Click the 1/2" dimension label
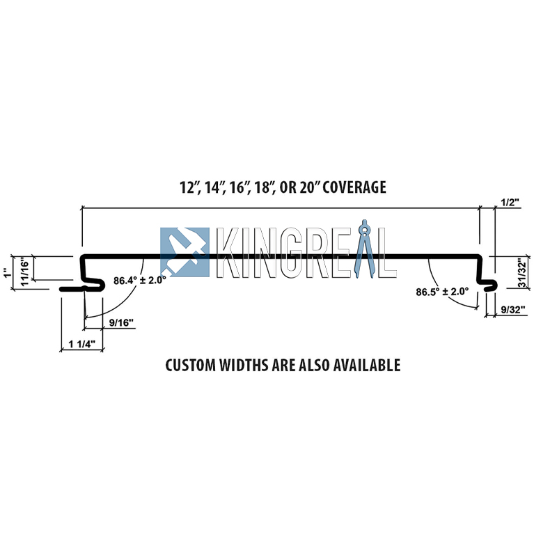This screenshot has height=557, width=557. (510, 202)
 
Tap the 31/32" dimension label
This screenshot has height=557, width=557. (521, 273)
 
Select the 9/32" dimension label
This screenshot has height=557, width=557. (513, 310)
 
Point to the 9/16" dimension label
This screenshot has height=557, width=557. (121, 322)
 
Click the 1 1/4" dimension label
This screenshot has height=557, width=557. (82, 344)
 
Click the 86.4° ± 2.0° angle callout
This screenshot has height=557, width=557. (140, 281)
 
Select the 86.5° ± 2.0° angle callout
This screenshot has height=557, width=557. (442, 292)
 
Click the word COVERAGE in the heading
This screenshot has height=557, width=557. (354, 187)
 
